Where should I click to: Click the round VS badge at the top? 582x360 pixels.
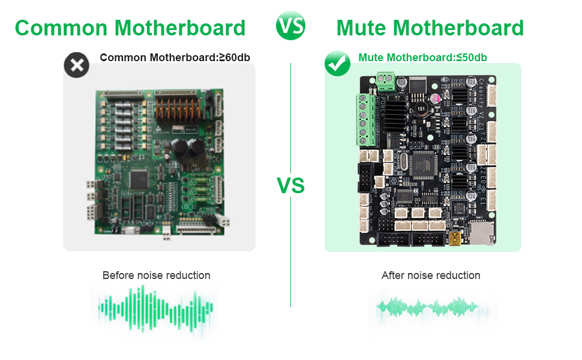(290, 26)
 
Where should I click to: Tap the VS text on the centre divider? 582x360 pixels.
(290, 185)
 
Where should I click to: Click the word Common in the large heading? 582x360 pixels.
(60, 28)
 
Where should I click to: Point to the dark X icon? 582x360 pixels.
(76, 65)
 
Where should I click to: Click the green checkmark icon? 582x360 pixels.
(337, 64)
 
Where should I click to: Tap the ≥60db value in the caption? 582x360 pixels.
(234, 58)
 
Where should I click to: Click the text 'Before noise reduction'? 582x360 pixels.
(156, 275)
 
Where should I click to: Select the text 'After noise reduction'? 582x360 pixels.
(431, 275)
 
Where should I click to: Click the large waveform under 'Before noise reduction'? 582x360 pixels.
(155, 308)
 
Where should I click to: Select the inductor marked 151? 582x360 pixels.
(421, 110)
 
